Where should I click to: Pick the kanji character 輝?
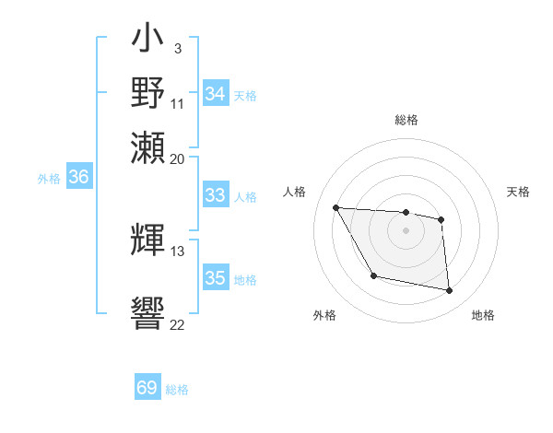tap(147, 239)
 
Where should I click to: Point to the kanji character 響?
tap(147, 310)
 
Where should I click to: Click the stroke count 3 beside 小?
tap(177, 48)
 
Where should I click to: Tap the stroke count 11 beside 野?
tap(177, 104)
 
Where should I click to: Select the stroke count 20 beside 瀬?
tap(177, 158)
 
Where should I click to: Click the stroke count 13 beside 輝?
tap(177, 251)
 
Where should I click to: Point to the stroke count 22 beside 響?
tap(177, 323)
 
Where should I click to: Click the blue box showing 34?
tap(216, 94)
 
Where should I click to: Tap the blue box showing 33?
tap(216, 195)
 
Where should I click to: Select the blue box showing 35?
tap(216, 278)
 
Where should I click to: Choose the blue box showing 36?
tap(78, 178)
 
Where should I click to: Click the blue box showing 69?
tap(147, 388)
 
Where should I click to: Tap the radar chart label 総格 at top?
tap(406, 120)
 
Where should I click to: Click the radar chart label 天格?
tap(518, 192)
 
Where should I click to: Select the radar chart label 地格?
tap(483, 315)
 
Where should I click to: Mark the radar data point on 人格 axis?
tap(336, 208)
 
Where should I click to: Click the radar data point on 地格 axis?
tap(450, 291)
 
